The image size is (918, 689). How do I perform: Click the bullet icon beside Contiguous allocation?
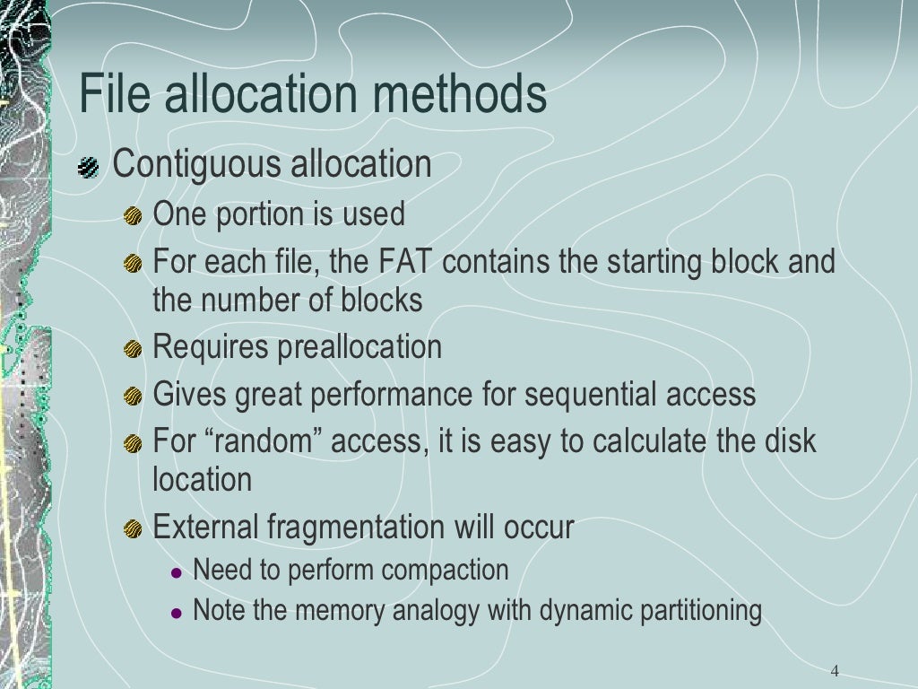pyautogui.click(x=89, y=167)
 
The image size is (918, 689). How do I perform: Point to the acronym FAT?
pyautogui.click(x=406, y=263)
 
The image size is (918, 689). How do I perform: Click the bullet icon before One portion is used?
pyautogui.click(x=133, y=216)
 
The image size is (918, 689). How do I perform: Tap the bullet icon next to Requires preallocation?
pyautogui.click(x=133, y=348)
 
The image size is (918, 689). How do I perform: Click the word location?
pyautogui.click(x=202, y=479)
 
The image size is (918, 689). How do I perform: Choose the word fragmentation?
pyautogui.click(x=356, y=528)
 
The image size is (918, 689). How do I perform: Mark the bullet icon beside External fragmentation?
pyautogui.click(x=133, y=528)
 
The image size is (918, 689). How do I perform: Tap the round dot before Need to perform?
pyautogui.click(x=177, y=572)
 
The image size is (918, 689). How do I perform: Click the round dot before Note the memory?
pyautogui.click(x=177, y=614)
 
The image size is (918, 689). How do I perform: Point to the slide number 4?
pyautogui.click(x=835, y=671)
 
